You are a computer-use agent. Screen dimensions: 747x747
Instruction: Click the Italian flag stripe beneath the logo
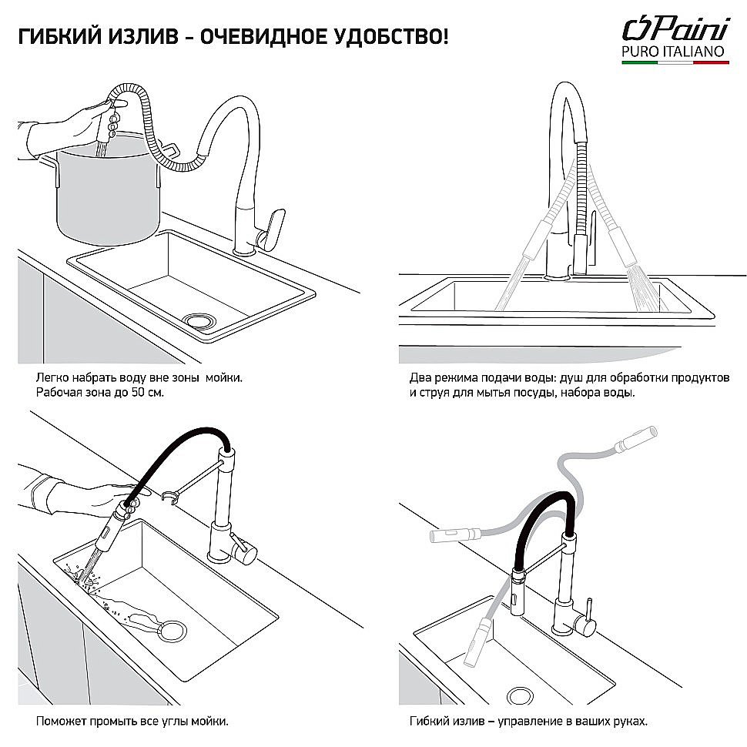tap(675, 64)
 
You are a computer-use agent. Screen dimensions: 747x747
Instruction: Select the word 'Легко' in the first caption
tap(52, 378)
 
